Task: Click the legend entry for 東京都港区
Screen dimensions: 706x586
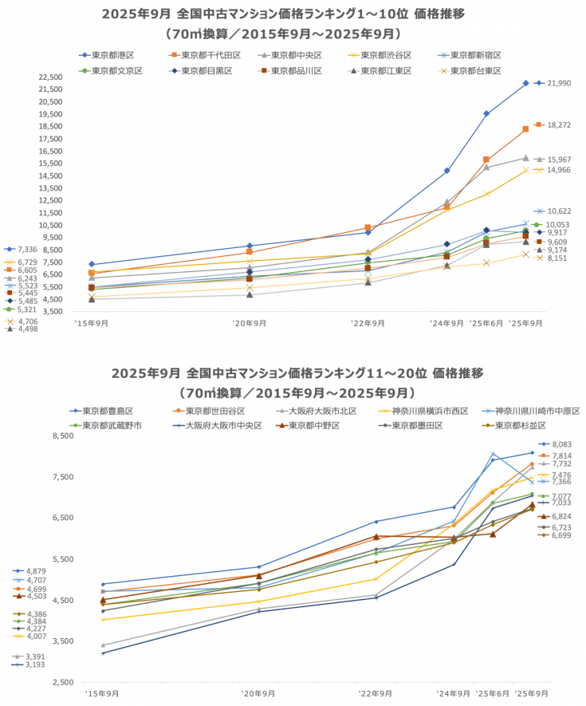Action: pos(111,55)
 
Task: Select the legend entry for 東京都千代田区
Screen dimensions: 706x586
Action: pos(203,55)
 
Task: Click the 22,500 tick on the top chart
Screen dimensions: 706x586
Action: pos(50,77)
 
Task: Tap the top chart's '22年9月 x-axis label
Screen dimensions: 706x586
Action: pos(368,323)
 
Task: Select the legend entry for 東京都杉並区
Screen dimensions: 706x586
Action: pos(520,426)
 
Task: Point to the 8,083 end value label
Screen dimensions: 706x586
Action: pos(562,444)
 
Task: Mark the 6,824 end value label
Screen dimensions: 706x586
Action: pos(562,516)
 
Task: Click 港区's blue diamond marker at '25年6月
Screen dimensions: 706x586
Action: pos(486,113)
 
